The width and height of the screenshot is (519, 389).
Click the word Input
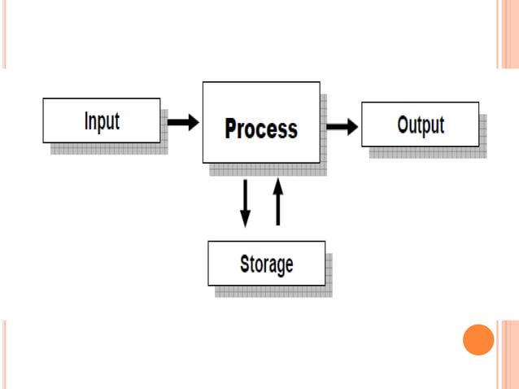tap(102, 121)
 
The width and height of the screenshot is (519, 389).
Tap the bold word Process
tap(260, 129)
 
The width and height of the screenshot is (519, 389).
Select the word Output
tap(421, 125)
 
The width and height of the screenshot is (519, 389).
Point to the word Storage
tap(266, 264)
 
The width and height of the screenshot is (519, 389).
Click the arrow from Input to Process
tap(183, 122)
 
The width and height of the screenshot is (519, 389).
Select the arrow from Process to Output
tap(342, 127)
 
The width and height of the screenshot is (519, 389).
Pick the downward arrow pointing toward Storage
tap(245, 203)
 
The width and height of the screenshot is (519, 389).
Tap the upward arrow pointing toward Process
tap(277, 203)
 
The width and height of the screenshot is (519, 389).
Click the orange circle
tap(478, 339)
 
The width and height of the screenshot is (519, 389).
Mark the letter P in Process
tap(232, 129)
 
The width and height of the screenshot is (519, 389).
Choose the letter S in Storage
tap(245, 264)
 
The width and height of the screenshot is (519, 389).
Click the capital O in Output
tap(403, 125)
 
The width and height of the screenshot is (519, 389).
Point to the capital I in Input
tap(86, 121)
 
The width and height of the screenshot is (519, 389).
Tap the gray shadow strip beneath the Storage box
tap(273, 291)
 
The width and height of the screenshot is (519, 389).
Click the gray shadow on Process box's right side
tap(324, 130)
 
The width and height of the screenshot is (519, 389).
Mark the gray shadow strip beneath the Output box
tap(427, 152)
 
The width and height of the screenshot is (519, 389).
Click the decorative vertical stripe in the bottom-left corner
tap(4, 354)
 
